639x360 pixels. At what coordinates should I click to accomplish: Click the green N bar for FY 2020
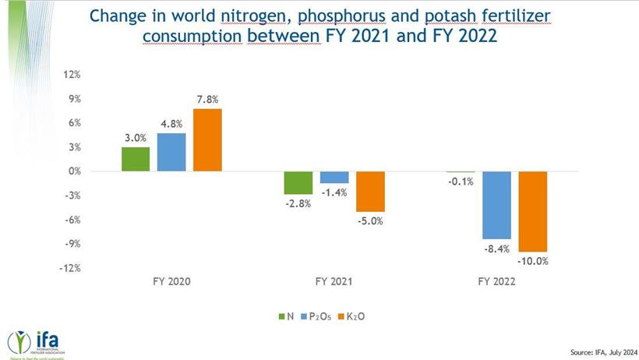click(x=135, y=159)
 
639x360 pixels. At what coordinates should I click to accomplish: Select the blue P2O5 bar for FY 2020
click(x=171, y=152)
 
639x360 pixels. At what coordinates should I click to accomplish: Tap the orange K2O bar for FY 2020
click(x=208, y=140)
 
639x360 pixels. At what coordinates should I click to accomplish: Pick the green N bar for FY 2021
click(x=298, y=182)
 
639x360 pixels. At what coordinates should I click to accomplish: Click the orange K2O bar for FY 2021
click(x=371, y=191)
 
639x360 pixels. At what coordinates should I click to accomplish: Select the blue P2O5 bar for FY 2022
click(x=496, y=205)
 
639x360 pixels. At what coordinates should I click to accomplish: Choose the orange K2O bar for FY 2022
click(x=533, y=211)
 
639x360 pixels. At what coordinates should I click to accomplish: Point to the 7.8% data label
click(x=208, y=99)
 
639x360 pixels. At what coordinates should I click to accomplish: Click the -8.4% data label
click(x=496, y=249)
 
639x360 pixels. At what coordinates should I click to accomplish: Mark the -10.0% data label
click(x=533, y=262)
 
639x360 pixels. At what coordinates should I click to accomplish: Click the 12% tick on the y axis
click(x=72, y=75)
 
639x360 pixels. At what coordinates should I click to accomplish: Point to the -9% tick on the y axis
click(x=72, y=244)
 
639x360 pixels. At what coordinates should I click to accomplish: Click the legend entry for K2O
click(x=350, y=316)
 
